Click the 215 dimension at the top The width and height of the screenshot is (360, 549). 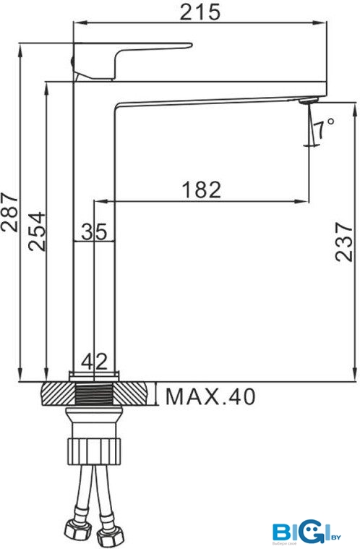200,12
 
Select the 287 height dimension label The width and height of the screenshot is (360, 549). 9,211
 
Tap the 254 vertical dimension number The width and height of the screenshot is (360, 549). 37,231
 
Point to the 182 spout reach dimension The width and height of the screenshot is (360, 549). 202,190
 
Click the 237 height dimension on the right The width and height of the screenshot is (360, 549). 343,242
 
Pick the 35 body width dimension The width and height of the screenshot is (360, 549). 94,231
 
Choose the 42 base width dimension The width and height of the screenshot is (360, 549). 95,362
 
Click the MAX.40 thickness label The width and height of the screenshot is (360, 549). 210,396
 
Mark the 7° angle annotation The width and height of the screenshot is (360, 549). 324,128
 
